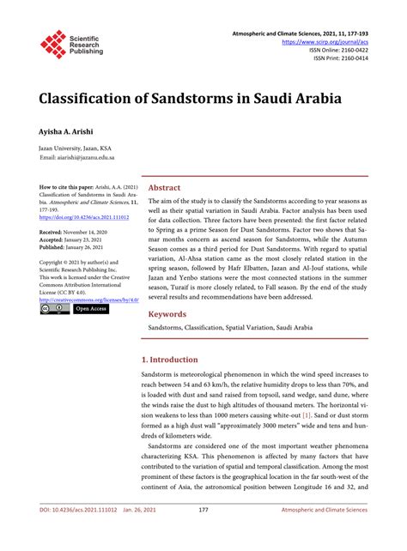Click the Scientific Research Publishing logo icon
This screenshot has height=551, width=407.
pyautogui.click(x=53, y=45)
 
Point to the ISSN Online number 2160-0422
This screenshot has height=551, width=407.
pyautogui.click(x=348, y=50)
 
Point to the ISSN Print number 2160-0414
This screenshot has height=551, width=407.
pyautogui.click(x=349, y=58)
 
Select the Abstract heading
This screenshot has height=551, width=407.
pyautogui.click(x=164, y=186)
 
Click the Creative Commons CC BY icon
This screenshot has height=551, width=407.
pyautogui.click(x=55, y=308)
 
